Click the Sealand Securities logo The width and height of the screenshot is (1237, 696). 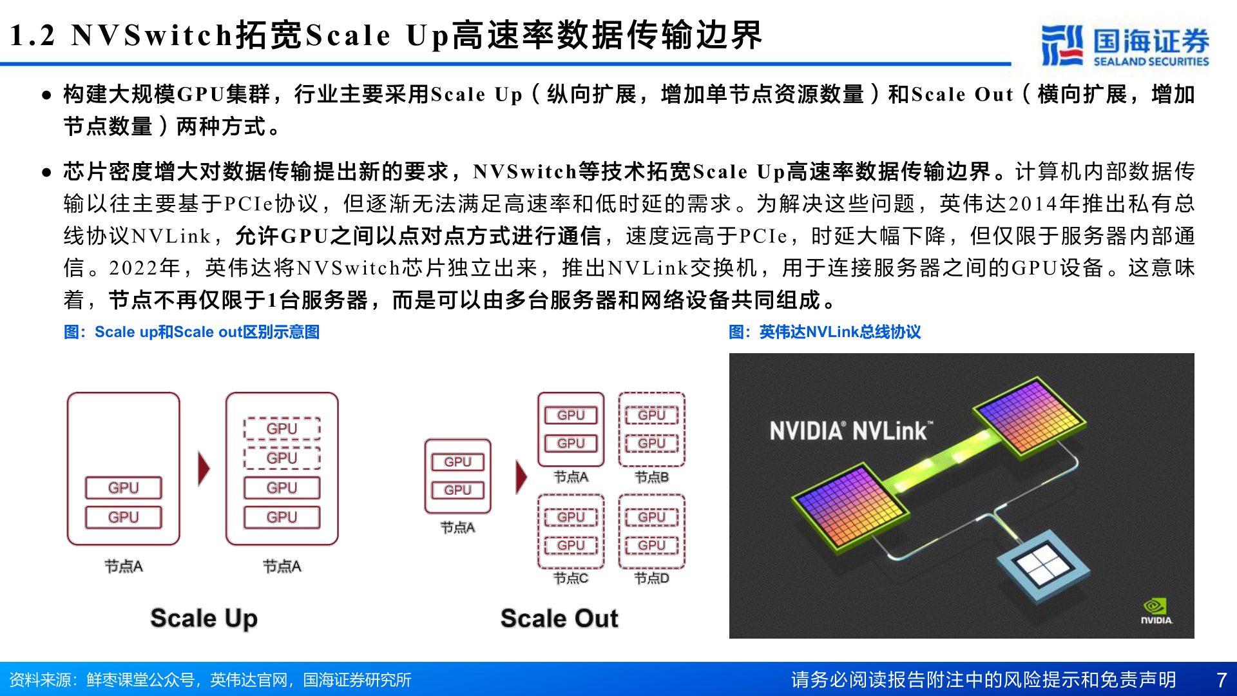click(1125, 45)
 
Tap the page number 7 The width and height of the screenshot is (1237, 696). click(1222, 680)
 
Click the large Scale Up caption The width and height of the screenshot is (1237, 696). click(204, 618)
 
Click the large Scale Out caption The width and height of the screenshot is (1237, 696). click(559, 618)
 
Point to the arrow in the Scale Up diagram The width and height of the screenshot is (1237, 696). click(204, 469)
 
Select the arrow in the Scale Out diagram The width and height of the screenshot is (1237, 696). click(521, 477)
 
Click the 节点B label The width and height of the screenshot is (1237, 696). click(651, 477)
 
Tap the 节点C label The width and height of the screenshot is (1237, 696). click(571, 578)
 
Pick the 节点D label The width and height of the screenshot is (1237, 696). click(651, 578)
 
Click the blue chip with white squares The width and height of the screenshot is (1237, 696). click(1042, 565)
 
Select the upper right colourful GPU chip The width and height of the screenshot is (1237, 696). click(1029, 416)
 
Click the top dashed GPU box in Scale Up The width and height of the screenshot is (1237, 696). click(282, 429)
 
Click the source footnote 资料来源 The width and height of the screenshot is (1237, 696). click(210, 680)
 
